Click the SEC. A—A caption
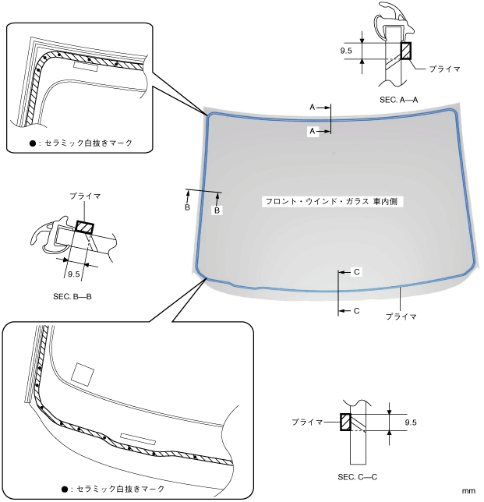[399, 100]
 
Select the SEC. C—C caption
[358, 475]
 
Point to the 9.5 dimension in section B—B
[75, 274]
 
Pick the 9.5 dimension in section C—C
[412, 422]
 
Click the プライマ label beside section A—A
[445, 69]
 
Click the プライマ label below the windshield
[401, 316]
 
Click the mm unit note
[468, 491]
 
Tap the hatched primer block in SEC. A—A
[405, 51]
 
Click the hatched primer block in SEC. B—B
[84, 228]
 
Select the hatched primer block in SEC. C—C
[344, 422]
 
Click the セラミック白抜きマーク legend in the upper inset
[81, 143]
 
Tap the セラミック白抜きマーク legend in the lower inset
[114, 489]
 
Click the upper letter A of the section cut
[313, 106]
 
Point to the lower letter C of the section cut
[357, 310]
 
